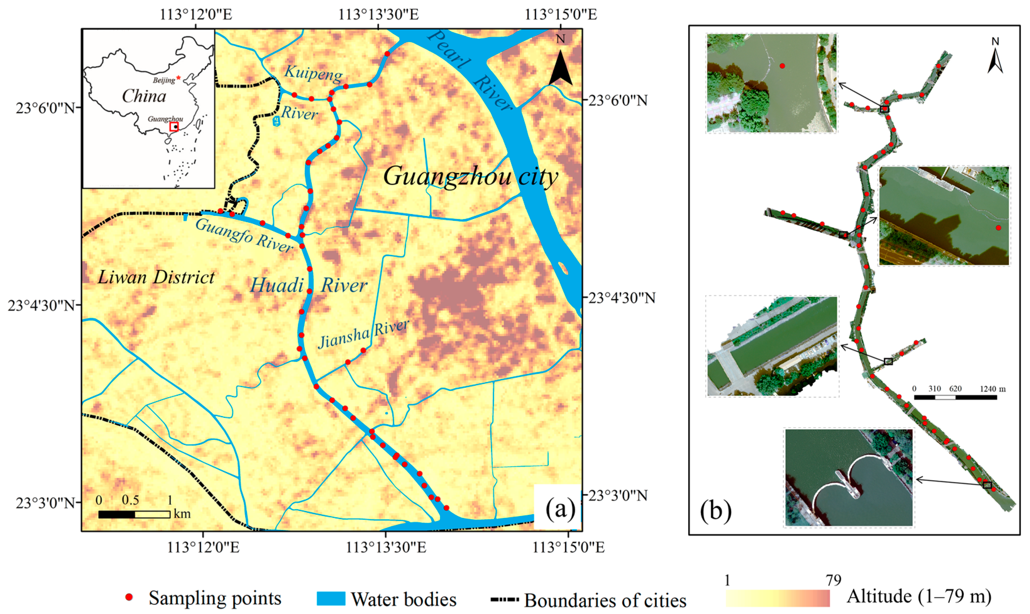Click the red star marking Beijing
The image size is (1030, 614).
[x=178, y=77]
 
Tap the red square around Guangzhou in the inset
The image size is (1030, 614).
[x=174, y=127]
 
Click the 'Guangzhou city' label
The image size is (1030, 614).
[x=471, y=176]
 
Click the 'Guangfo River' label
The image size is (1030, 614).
[x=244, y=235]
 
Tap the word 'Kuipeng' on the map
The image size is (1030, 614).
[x=313, y=73]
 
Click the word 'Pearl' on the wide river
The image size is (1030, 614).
[x=449, y=49]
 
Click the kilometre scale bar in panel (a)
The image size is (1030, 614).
[x=134, y=515]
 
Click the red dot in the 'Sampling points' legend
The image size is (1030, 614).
[x=129, y=597]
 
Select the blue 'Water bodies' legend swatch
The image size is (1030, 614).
[x=331, y=598]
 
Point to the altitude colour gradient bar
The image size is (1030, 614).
[x=778, y=598]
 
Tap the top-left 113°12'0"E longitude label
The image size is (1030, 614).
[x=196, y=14]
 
